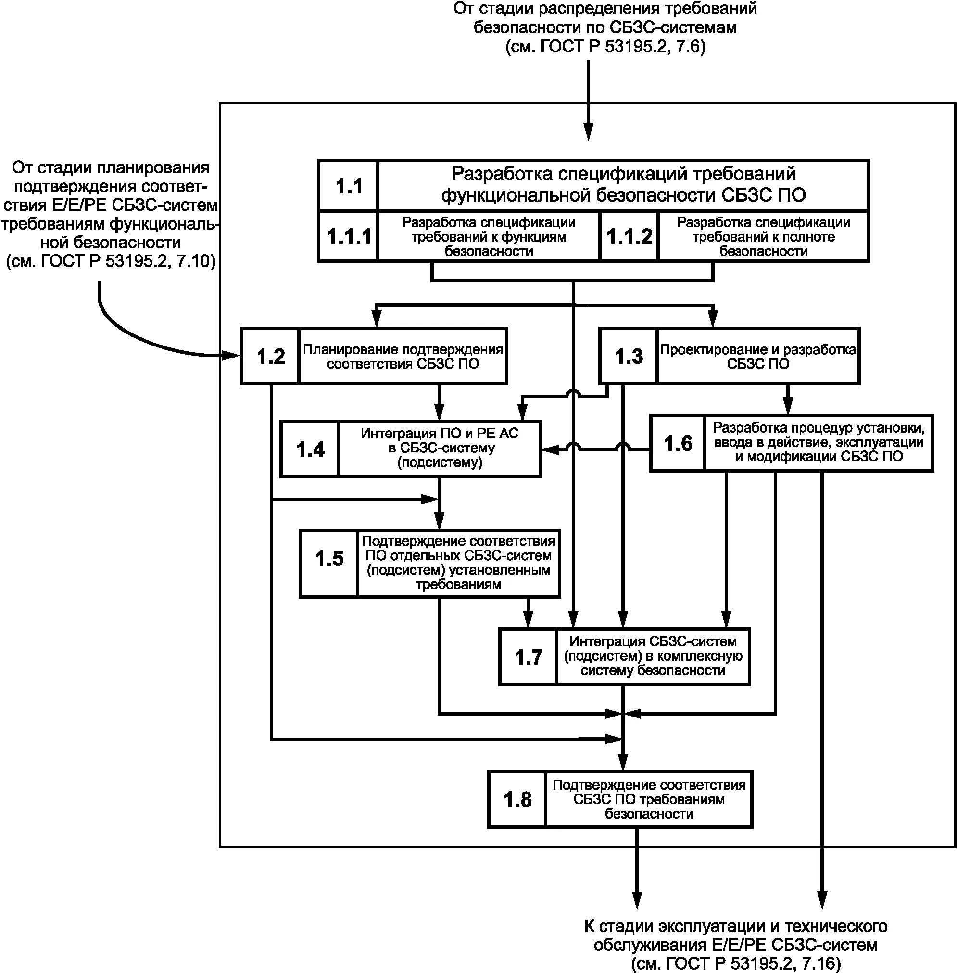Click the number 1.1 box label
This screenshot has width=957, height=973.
pos(349,186)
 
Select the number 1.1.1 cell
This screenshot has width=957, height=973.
pos(349,236)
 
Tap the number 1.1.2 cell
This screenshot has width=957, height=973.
pos(629,236)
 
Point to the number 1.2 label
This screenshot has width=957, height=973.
pos(270,356)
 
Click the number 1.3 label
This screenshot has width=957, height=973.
pos(628,356)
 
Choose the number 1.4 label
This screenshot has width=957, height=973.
pos(310,449)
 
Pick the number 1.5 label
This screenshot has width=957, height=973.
pos(329,558)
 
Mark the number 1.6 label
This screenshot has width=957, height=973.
pos(678,443)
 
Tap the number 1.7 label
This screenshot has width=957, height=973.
pos(528,657)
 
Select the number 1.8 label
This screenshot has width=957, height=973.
pos(517,799)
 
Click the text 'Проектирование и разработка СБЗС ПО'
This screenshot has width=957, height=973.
pos(757,356)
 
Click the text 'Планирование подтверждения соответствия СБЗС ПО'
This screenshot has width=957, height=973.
pos(403,356)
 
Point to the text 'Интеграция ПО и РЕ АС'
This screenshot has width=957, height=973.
pos(439,433)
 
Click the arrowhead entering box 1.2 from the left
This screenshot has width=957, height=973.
pos(232,356)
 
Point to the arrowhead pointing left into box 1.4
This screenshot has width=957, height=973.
pos(549,449)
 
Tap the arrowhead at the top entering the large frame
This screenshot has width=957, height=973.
pos(588,131)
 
